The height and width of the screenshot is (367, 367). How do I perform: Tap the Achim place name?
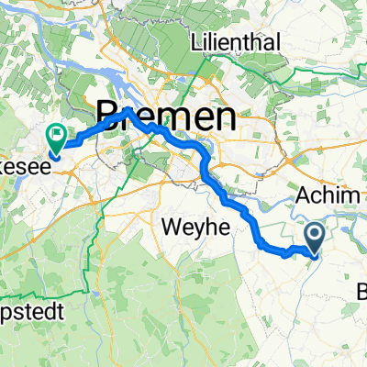pos(328,196)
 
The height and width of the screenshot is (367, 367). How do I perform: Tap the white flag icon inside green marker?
pos(57,137)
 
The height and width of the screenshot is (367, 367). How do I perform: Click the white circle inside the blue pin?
pos(315,235)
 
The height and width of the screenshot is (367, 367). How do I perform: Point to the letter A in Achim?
pos(306,196)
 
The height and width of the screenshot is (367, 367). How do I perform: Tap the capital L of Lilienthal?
pos(195,42)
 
